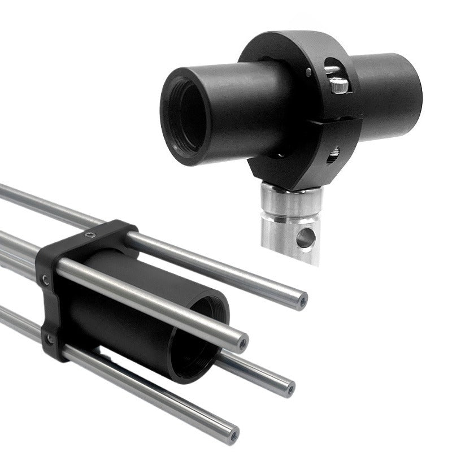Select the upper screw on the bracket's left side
pos(45,279)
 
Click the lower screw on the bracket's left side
pos(50,339)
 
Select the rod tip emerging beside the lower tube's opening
pos(290,388)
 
